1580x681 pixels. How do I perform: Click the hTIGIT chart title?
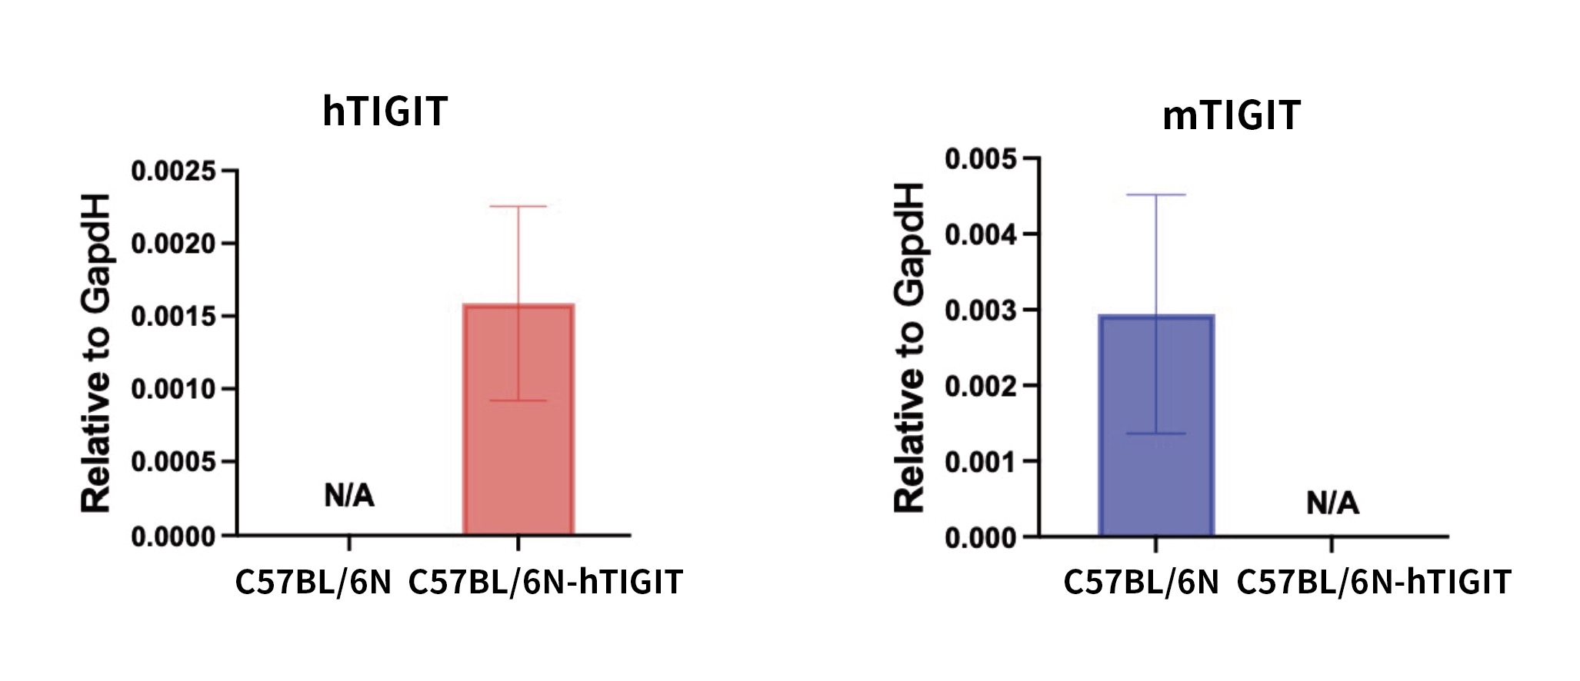coord(385,111)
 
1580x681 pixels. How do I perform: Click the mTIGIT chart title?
coord(1231,116)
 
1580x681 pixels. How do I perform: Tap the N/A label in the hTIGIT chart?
coord(349,497)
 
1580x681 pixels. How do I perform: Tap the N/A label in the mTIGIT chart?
coord(1332,503)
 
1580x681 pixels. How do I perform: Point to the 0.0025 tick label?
coord(173,171)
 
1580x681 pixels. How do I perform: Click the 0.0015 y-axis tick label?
coord(173,317)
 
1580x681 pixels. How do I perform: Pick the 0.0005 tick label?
coord(173,463)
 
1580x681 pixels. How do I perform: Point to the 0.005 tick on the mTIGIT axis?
coord(980,160)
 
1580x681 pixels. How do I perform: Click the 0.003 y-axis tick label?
coord(980,311)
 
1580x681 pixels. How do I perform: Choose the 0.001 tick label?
coord(980,462)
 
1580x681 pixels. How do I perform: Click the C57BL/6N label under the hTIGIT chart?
coord(313,583)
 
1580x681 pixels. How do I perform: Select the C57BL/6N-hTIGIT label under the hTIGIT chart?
coord(545,583)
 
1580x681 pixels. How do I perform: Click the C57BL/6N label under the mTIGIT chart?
coord(1142,583)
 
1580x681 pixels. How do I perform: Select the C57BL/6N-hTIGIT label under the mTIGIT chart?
coord(1374,583)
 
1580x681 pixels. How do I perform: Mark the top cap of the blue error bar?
coord(1156,195)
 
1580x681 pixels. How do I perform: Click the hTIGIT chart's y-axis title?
coord(98,353)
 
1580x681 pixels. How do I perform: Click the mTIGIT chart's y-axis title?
coord(910,347)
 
